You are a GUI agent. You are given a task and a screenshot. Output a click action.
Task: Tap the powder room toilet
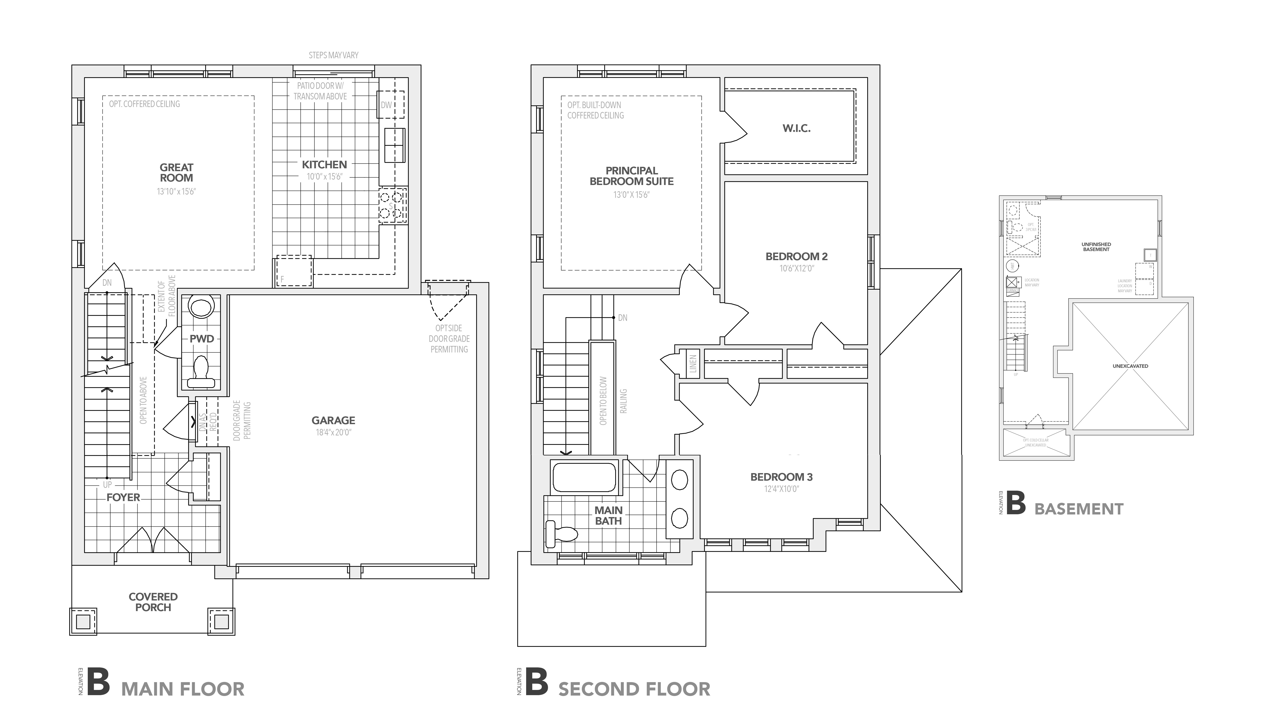click(201, 372)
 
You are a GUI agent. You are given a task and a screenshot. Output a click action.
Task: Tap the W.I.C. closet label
click(796, 128)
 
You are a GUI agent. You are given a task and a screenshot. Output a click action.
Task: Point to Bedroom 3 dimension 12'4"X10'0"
click(781, 489)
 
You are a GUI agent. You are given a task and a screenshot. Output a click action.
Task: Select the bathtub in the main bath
click(584, 477)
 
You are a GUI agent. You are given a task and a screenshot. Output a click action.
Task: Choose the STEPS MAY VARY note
click(333, 55)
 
